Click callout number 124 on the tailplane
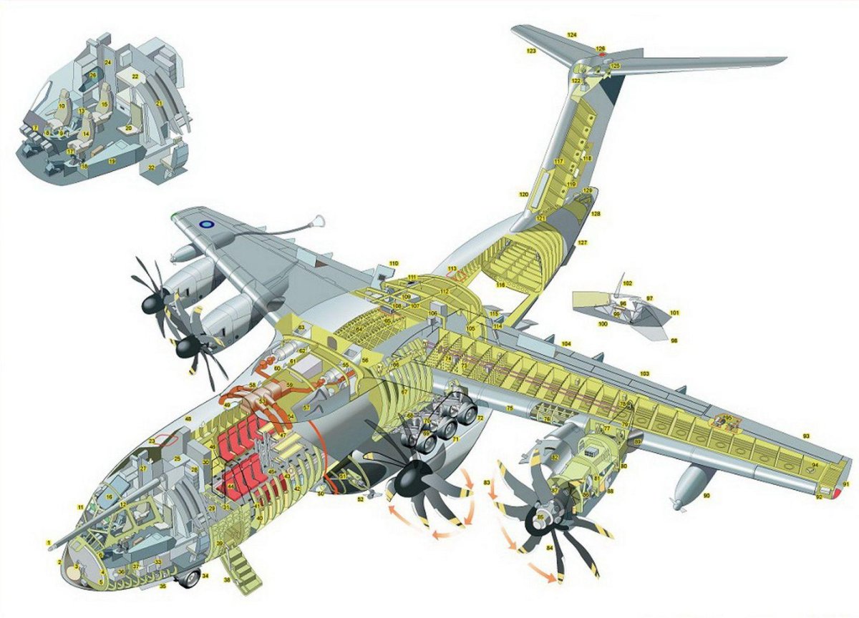point(571,35)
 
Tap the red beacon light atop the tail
point(602,54)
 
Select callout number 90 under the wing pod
point(706,496)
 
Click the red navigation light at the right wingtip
point(835,491)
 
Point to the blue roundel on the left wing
point(206,224)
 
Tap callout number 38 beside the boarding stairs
point(228,579)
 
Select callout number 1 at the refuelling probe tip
point(49,542)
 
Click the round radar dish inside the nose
point(77,569)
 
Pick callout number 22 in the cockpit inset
point(134,76)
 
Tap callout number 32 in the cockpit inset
point(151,167)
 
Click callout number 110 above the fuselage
point(393,264)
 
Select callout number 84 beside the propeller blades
point(550,548)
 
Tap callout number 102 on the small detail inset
point(628,284)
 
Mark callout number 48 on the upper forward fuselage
point(188,418)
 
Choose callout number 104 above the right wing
point(566,345)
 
